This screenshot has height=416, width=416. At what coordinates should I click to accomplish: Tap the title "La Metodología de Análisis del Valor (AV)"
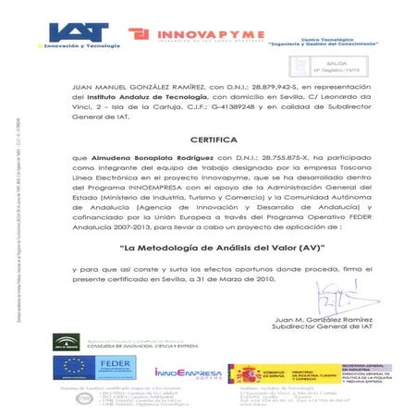tap(209, 249)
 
